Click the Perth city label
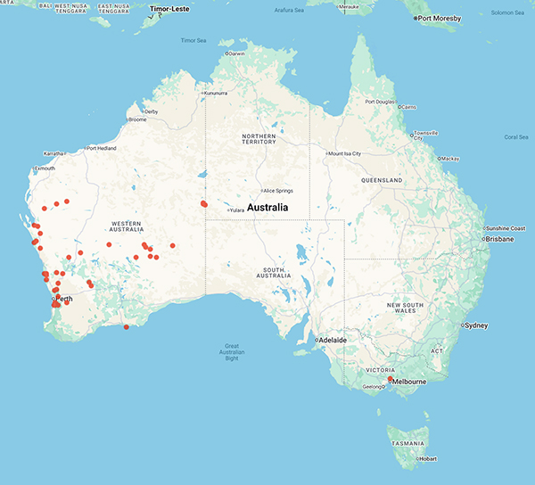pyautogui.click(x=64, y=298)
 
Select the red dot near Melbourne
pyautogui.click(x=391, y=379)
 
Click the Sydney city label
pyautogui.click(x=474, y=325)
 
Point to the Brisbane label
pyautogui.click(x=500, y=239)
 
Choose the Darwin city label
pyautogui.click(x=236, y=53)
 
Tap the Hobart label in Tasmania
pyautogui.click(x=426, y=461)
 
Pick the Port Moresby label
pyautogui.click(x=441, y=18)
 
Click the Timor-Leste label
pyautogui.click(x=171, y=9)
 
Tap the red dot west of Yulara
pyautogui.click(x=204, y=204)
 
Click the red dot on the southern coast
pyautogui.click(x=127, y=327)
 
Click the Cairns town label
pyautogui.click(x=409, y=107)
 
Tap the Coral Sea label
pyautogui.click(x=515, y=136)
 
